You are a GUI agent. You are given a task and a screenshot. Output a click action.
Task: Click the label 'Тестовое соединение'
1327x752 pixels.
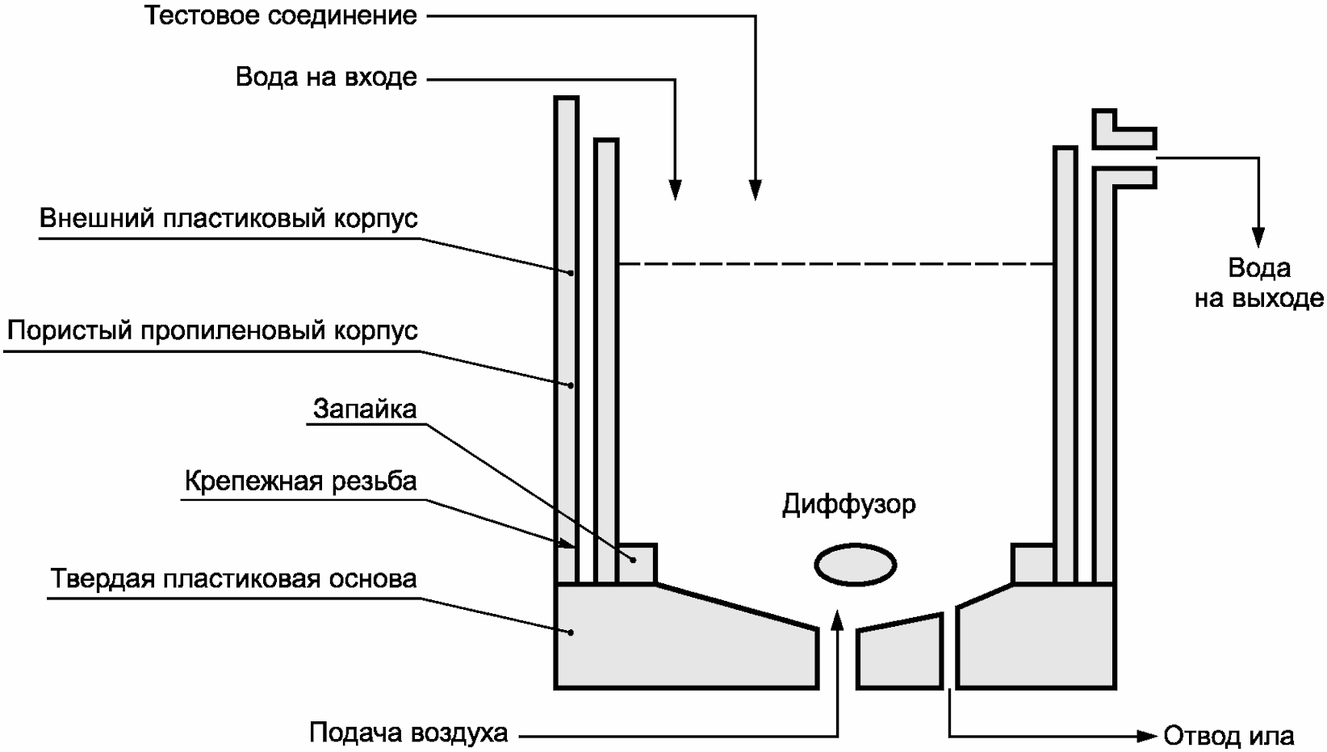281,16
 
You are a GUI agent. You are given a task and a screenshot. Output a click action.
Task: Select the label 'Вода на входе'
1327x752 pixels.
326,78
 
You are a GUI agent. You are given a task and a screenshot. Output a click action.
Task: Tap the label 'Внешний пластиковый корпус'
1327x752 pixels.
228,219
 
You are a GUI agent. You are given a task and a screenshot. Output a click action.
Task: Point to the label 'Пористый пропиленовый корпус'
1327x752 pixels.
212,331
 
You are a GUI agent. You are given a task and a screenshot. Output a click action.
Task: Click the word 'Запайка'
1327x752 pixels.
365,410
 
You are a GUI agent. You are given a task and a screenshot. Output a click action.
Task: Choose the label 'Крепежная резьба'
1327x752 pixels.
300,481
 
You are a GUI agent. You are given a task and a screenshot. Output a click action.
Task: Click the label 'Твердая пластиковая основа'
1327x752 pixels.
233,580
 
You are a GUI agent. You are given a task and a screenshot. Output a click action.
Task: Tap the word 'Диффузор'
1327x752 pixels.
849,506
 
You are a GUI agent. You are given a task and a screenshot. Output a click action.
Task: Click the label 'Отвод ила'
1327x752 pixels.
1229,736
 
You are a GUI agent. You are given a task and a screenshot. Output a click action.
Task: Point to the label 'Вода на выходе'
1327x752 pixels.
1258,283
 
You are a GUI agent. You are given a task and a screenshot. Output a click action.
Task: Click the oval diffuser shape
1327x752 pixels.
855,564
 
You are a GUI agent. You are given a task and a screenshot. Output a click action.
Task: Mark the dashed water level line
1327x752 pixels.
835,264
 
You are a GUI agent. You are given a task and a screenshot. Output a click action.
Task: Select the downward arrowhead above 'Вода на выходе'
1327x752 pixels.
1258,235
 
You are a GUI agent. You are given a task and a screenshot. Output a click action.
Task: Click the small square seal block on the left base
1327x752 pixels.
636,563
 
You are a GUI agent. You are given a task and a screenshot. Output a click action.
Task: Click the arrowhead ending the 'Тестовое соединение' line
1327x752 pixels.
756,189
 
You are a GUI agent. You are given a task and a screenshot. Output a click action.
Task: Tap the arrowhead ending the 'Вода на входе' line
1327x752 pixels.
675,189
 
